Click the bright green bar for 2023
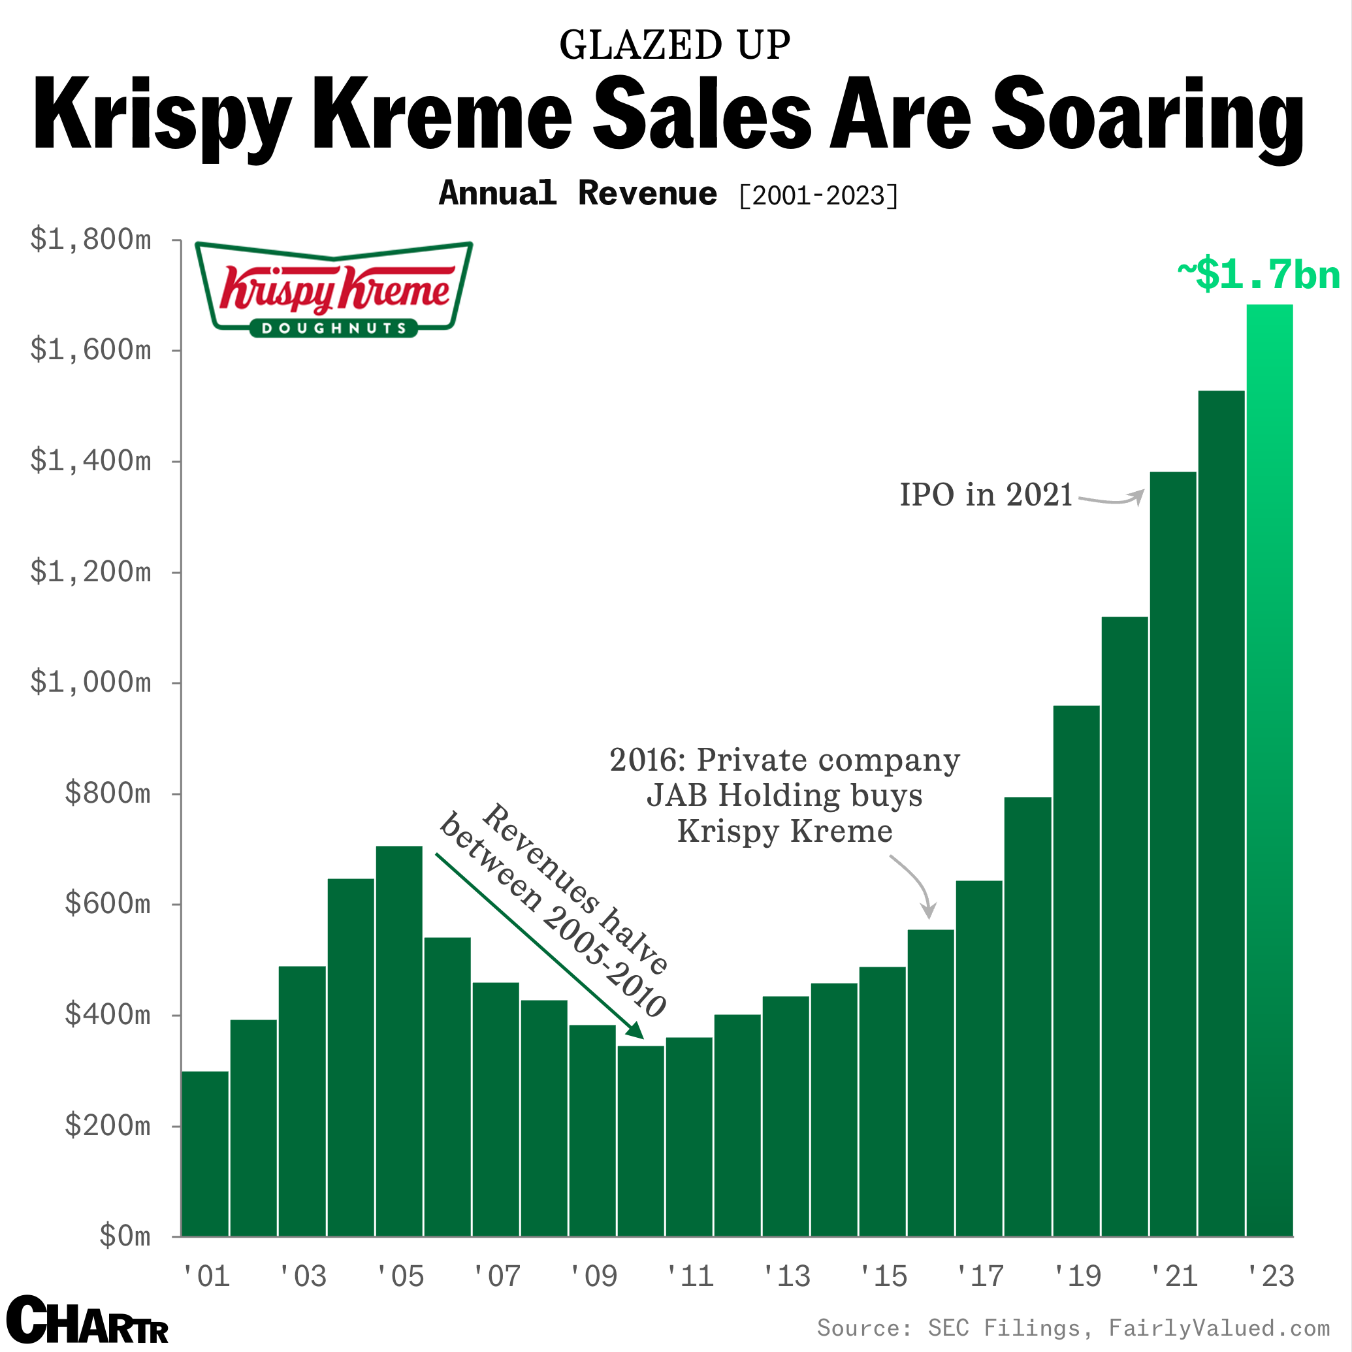point(1270,770)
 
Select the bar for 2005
point(399,1042)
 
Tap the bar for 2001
point(205,1155)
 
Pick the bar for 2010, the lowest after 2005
point(640,1140)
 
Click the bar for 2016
point(931,1085)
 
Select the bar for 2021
point(1173,854)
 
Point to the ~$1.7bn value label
point(1258,274)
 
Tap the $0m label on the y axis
point(125,1236)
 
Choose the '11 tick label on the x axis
point(690,1276)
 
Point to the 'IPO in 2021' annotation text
point(986,496)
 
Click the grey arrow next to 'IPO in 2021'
point(1113,500)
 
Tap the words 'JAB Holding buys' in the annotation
point(784,796)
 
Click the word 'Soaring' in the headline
point(1148,116)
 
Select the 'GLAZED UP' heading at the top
point(675,46)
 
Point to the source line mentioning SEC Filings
point(1072,1327)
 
